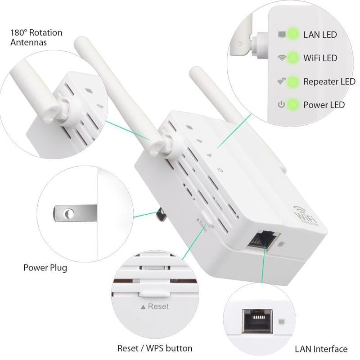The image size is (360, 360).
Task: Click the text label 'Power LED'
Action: pos(324,105)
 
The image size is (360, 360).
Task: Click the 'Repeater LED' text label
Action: pos(329,81)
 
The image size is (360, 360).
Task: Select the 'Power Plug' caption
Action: pos(45,268)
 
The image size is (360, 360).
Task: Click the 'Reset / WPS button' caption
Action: pos(155,348)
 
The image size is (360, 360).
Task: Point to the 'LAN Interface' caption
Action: pos(321,349)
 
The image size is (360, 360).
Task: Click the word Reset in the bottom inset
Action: pos(157,306)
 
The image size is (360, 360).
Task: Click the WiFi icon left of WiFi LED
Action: pos(282,58)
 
